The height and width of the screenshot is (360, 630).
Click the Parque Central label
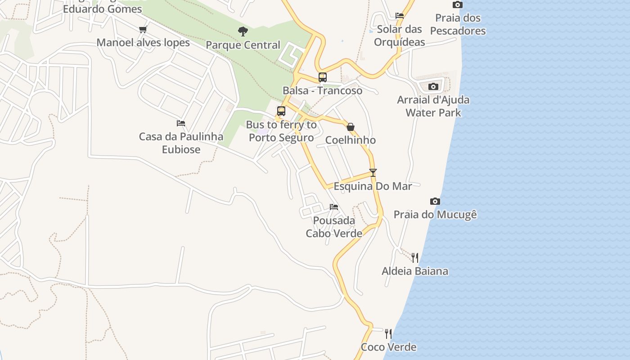tap(243, 45)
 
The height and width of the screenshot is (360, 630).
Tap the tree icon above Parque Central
tap(243, 31)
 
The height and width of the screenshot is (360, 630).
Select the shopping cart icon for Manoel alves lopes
tap(143, 30)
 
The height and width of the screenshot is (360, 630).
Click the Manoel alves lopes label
tap(143, 43)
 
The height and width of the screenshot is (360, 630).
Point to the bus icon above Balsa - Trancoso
tap(323, 77)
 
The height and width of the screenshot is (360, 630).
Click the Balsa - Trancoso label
tap(322, 90)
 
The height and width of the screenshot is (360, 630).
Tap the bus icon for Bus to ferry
tap(281, 111)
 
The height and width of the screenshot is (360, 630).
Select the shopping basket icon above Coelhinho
tap(351, 127)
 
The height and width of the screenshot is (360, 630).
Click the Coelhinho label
tap(351, 140)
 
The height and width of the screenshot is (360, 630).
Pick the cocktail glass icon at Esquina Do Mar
tap(373, 172)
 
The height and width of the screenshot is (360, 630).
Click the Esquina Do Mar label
tap(373, 186)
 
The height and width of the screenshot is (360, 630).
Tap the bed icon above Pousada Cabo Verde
tap(334, 207)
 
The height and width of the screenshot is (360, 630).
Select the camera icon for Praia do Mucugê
tap(435, 201)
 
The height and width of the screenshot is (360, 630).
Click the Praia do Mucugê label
tap(435, 214)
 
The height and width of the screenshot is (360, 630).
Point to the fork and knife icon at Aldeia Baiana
tap(415, 257)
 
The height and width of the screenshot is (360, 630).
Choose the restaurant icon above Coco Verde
tap(388, 333)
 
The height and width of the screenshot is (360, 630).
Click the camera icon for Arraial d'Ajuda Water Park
tap(433, 86)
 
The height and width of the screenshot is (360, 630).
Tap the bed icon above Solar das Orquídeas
tap(400, 16)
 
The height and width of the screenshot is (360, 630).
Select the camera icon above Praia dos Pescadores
tap(458, 5)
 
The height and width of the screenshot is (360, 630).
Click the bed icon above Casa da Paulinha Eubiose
tap(181, 123)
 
